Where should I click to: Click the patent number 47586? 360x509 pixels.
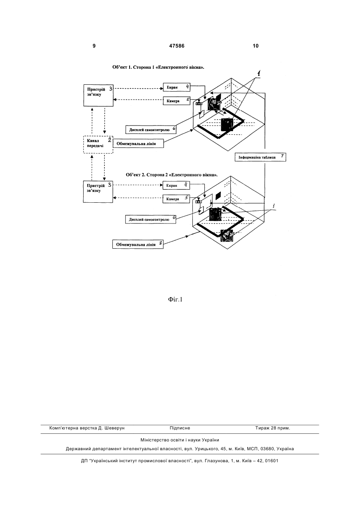[176, 46]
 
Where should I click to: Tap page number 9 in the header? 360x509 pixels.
[94, 46]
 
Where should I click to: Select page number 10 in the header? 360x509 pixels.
[256, 46]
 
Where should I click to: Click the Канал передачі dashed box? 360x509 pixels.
[98, 144]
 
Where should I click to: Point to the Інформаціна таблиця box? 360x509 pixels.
[260, 157]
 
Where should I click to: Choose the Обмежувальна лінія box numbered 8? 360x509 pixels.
[138, 244]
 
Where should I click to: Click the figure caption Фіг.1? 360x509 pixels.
[175, 299]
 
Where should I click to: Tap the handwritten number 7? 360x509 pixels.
[282, 156]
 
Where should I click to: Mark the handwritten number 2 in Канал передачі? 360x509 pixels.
[110, 140]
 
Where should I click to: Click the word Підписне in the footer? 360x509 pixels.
[180, 428]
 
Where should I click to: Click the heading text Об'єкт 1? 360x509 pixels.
[122, 67]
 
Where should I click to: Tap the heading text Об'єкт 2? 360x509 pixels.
[136, 175]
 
